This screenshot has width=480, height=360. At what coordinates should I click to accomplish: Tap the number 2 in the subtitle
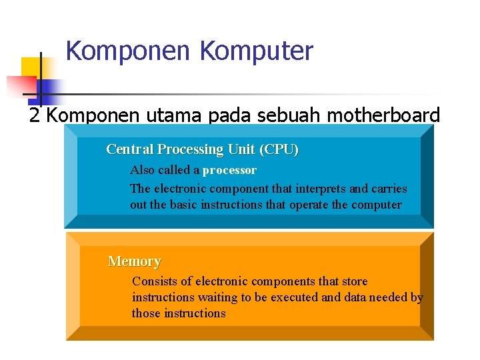tap(35, 116)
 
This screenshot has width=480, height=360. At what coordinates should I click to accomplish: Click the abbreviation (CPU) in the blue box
tap(279, 149)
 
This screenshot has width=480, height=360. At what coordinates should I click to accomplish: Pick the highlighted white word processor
tap(229, 170)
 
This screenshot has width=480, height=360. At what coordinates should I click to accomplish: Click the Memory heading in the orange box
tap(134, 261)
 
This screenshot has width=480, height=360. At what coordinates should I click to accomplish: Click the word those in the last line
tap(146, 313)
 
